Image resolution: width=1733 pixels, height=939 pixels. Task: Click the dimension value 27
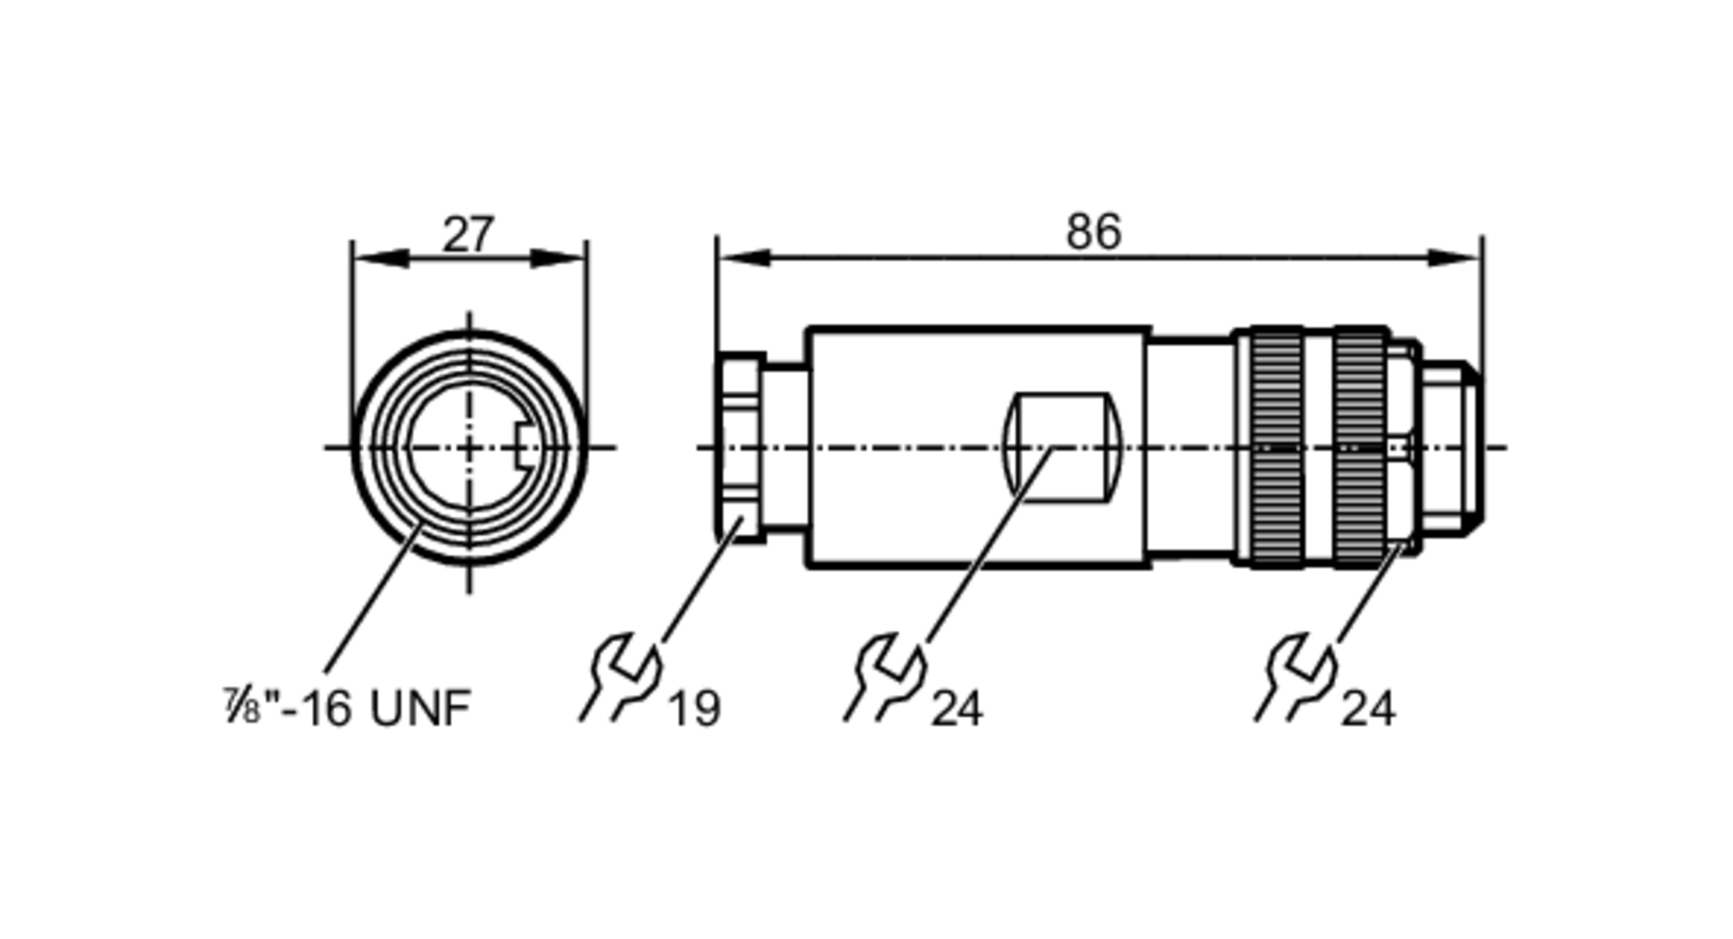click(x=468, y=234)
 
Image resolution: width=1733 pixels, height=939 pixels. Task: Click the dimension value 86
click(x=1093, y=232)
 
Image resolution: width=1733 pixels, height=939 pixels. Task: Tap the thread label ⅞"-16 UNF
click(x=347, y=707)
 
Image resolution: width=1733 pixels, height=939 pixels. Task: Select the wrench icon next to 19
click(x=622, y=677)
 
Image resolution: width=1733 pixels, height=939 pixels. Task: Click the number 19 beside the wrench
click(x=694, y=709)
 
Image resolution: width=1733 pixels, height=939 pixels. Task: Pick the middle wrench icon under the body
click(x=886, y=677)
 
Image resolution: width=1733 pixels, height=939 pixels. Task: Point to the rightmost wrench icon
click(x=1297, y=677)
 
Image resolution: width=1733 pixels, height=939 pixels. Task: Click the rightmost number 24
click(x=1367, y=709)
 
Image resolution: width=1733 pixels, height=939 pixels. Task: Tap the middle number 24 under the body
click(x=957, y=709)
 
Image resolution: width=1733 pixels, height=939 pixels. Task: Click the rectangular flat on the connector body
click(x=1062, y=447)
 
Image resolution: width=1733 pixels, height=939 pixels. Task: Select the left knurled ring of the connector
click(x=1276, y=447)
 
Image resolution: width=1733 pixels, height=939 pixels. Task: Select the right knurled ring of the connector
click(x=1360, y=447)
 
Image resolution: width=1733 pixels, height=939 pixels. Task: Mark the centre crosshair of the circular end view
click(x=470, y=447)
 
